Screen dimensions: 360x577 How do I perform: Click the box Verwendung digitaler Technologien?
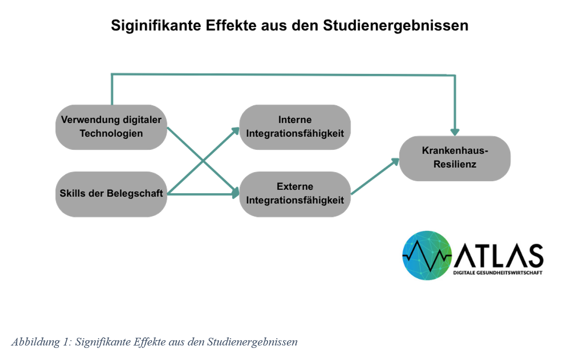pyautogui.click(x=111, y=127)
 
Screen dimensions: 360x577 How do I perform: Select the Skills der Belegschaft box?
pyautogui.click(x=111, y=194)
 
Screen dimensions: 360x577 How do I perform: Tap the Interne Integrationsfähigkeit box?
pyautogui.click(x=295, y=127)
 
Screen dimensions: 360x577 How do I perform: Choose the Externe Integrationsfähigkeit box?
pyautogui.click(x=295, y=193)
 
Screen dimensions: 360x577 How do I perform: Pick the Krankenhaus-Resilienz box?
pyautogui.click(x=455, y=158)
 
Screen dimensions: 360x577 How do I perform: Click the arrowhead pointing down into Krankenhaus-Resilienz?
pyautogui.click(x=454, y=131)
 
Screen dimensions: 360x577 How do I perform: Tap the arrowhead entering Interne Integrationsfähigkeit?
pyautogui.click(x=236, y=130)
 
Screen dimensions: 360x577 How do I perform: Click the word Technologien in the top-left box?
pyautogui.click(x=111, y=133)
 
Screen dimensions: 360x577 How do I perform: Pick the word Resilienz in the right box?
pyautogui.click(x=455, y=164)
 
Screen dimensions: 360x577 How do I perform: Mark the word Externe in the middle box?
pyautogui.click(x=295, y=187)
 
